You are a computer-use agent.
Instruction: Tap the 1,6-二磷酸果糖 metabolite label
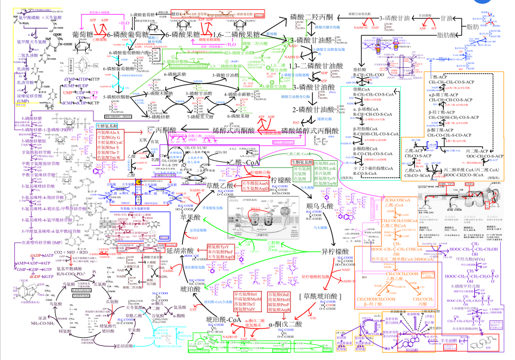(x=240, y=35)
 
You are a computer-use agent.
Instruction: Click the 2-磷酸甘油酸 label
(x=315, y=110)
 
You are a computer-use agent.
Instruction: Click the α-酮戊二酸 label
(x=286, y=324)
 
